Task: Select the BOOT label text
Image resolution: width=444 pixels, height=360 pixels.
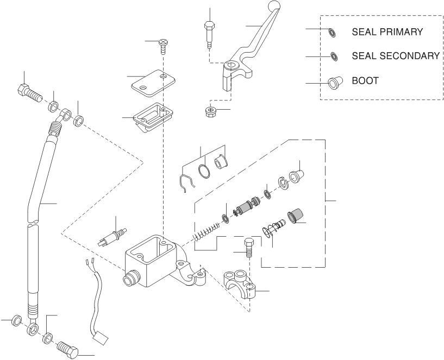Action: pyautogui.click(x=365, y=81)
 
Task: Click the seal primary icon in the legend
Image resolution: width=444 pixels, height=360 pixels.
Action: pyautogui.click(x=331, y=32)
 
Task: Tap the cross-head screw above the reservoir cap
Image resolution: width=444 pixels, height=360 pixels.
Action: pyautogui.click(x=162, y=43)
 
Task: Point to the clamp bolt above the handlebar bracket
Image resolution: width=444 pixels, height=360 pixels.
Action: pyautogui.click(x=249, y=247)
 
